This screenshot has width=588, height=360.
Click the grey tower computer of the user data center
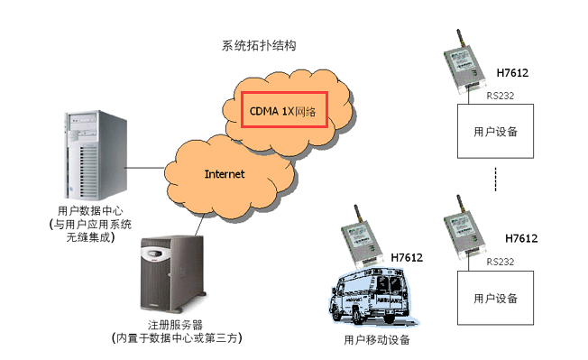[90, 149]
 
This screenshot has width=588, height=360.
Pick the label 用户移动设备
[377, 340]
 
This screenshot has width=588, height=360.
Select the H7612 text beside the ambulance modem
[407, 258]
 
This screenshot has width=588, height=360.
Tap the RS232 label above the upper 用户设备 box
[501, 93]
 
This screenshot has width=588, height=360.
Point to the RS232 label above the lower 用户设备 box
[501, 261]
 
